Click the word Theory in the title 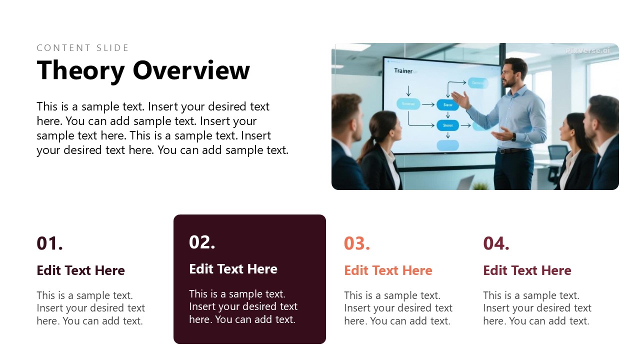click(80, 70)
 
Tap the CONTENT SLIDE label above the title click(83, 48)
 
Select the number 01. click(50, 243)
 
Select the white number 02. click(202, 242)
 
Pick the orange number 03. click(357, 243)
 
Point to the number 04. click(496, 243)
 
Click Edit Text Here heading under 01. click(80, 270)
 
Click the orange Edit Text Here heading click(388, 270)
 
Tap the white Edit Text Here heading click(233, 269)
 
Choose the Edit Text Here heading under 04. click(527, 270)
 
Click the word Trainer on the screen click(403, 71)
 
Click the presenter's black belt click(513, 150)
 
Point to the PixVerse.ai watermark click(587, 50)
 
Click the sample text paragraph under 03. click(398, 308)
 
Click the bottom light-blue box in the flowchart click(447, 145)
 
